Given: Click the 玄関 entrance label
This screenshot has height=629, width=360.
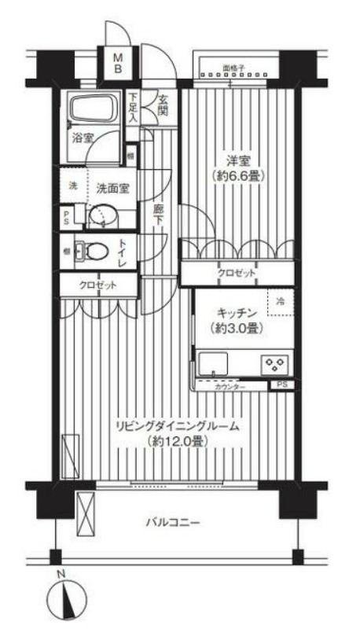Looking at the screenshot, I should click(x=163, y=105).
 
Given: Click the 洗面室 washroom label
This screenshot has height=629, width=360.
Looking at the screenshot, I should click(x=113, y=188).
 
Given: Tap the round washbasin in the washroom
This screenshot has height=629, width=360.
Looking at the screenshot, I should click(x=101, y=214).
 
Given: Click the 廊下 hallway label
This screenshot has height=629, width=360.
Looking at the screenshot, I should click(x=159, y=215).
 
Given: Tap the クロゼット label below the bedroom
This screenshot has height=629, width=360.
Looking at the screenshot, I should click(x=237, y=273).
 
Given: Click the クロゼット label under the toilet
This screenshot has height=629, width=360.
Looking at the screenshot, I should click(x=98, y=285).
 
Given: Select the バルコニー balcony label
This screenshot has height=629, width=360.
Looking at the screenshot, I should click(x=174, y=522).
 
